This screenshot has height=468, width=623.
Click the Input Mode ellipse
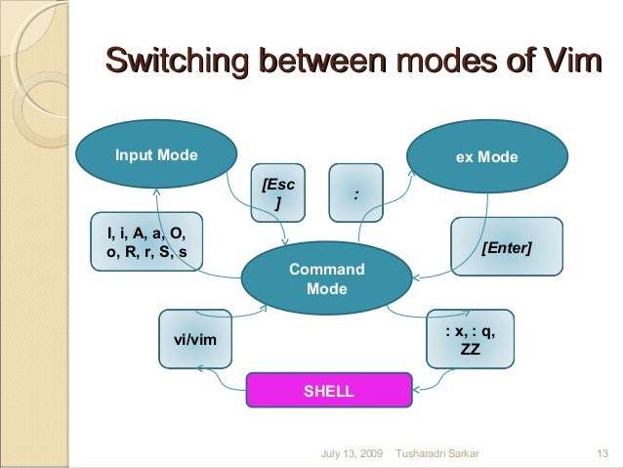(156, 154)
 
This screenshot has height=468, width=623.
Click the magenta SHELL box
(328, 392)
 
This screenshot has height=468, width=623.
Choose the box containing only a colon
(356, 193)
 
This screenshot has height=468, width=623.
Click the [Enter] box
(507, 249)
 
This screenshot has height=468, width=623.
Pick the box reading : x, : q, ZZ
(470, 340)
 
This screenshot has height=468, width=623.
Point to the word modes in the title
(443, 63)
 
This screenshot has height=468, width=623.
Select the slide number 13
(602, 453)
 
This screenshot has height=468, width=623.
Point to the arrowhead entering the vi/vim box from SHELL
(198, 367)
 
